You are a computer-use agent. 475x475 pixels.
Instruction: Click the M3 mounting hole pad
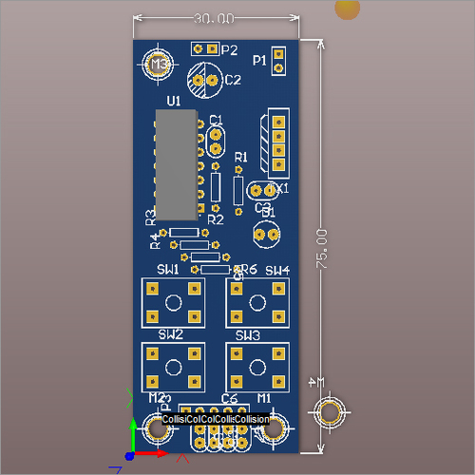tap(159, 65)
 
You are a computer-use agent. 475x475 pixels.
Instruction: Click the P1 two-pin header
tap(277, 60)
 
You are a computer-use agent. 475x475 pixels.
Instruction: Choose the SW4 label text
tap(276, 271)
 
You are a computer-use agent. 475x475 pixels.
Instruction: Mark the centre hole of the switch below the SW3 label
tap(255, 366)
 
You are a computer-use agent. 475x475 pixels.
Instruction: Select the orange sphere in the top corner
tap(349, 8)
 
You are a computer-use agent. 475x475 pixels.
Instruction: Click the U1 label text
tap(173, 100)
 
